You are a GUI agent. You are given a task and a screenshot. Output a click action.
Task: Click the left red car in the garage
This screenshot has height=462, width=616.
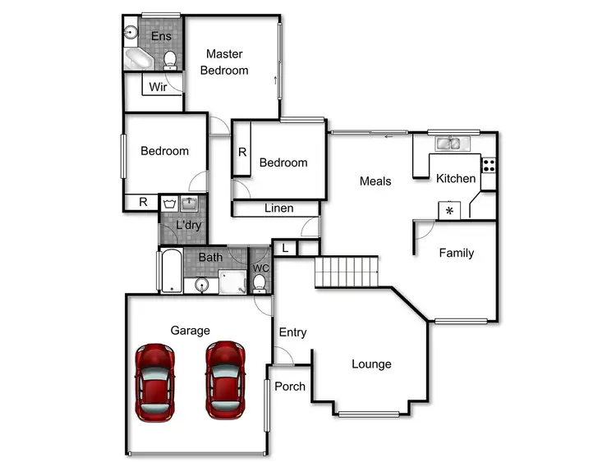[155, 380]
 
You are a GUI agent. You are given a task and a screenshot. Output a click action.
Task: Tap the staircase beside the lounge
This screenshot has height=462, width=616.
[346, 271]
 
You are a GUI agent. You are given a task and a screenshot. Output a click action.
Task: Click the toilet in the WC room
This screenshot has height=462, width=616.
[260, 282]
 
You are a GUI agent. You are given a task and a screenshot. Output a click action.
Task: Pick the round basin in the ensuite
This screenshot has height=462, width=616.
[131, 34]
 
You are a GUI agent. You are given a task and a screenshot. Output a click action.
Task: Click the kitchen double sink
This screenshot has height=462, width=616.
[448, 144]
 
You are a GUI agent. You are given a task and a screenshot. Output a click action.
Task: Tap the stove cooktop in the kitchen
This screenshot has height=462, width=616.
[489, 163]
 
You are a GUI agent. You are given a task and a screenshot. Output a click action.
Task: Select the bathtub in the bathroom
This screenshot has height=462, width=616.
[170, 271]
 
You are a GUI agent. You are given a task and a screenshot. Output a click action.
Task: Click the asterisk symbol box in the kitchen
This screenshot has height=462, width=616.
[449, 211]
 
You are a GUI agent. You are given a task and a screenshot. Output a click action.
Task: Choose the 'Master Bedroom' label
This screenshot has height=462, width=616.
[224, 62]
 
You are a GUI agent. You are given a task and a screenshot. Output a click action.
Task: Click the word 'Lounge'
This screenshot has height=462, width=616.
[371, 364]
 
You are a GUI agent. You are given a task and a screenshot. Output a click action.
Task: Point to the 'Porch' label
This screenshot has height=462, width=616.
[290, 387]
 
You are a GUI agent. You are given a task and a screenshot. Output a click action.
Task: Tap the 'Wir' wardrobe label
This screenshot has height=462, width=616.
[159, 86]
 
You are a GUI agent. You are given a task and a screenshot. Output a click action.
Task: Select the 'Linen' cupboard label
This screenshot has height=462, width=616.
[278, 208]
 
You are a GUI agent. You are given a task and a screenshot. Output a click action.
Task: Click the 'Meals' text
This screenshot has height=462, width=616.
[375, 181]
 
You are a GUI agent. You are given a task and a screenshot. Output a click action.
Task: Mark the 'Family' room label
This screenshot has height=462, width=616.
[456, 253]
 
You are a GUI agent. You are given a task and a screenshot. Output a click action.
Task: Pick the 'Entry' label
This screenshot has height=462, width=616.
[292, 332]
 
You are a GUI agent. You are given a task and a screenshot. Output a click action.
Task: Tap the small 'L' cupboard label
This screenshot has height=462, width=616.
[284, 247]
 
